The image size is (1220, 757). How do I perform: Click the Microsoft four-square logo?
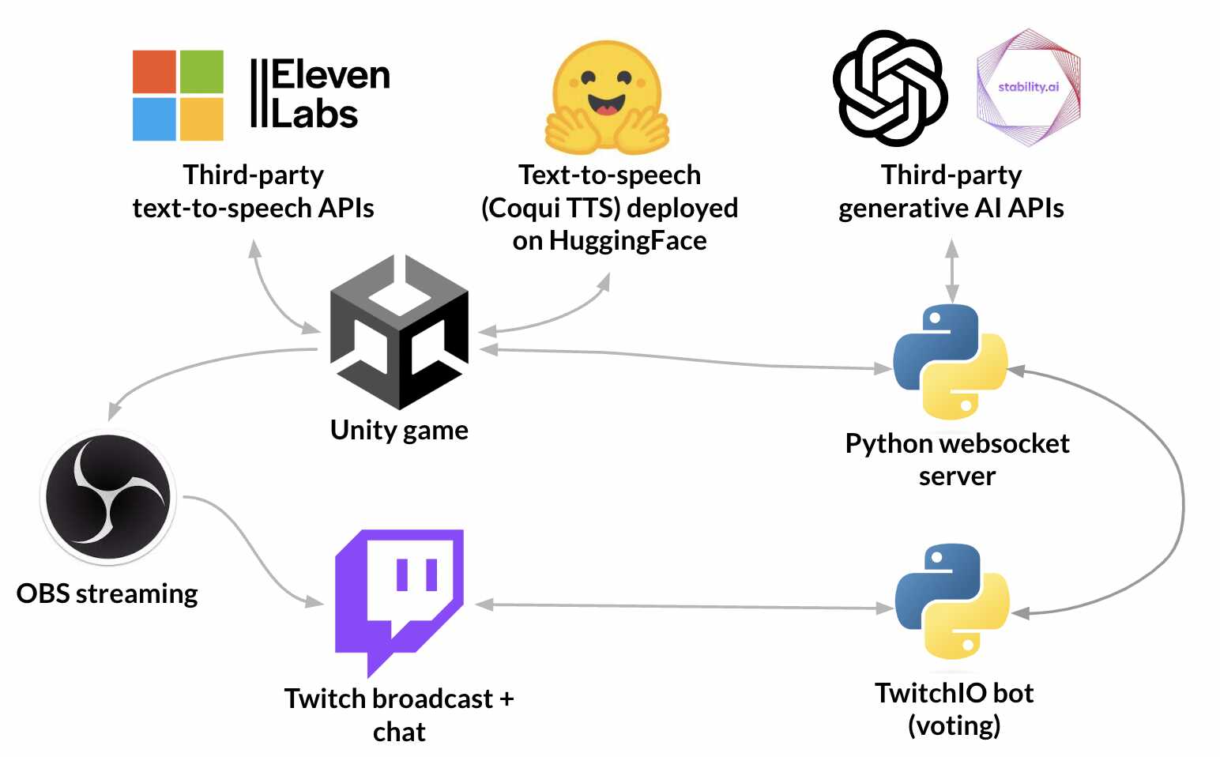pyautogui.click(x=178, y=96)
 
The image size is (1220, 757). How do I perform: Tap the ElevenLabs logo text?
pyautogui.click(x=320, y=94)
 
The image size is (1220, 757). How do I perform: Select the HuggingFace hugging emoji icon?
pyautogui.click(x=608, y=97)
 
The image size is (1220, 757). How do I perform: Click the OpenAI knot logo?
pyautogui.click(x=890, y=88)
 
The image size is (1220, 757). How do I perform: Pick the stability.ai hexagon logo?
pyautogui.click(x=1028, y=88)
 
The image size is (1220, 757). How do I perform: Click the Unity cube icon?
pyautogui.click(x=400, y=332)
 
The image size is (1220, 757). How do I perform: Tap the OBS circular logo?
pyautogui.click(x=108, y=498)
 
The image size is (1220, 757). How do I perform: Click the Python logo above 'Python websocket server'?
pyautogui.click(x=951, y=362)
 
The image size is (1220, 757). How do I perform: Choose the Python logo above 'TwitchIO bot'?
pyautogui.click(x=952, y=601)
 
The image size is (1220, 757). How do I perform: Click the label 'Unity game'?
pyautogui.click(x=399, y=431)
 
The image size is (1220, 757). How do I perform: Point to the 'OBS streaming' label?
pyautogui.click(x=107, y=593)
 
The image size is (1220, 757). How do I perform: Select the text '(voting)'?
pyautogui.click(x=954, y=725)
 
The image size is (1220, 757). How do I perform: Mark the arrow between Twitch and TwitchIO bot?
pyautogui.click(x=683, y=607)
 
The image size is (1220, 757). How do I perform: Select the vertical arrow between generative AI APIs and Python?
pyautogui.click(x=952, y=270)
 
